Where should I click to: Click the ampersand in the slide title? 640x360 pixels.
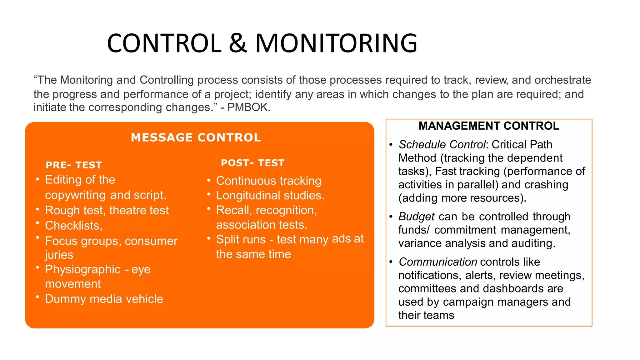click(x=238, y=43)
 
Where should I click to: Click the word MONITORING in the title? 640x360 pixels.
click(x=336, y=43)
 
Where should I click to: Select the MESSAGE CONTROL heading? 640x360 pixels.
click(x=196, y=137)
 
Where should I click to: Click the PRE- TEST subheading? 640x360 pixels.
click(x=74, y=165)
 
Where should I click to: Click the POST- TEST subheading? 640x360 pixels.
click(x=252, y=163)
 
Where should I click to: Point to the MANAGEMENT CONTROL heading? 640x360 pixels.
click(x=489, y=126)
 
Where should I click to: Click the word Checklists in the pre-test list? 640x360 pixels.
click(x=72, y=226)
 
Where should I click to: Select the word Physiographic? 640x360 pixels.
click(x=82, y=269)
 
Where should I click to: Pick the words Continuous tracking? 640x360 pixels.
click(x=268, y=181)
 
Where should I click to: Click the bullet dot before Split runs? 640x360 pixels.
click(x=209, y=238)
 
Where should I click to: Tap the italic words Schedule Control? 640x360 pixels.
click(x=442, y=145)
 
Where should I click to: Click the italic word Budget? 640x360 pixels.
click(x=416, y=217)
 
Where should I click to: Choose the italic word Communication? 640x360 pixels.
click(x=437, y=262)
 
